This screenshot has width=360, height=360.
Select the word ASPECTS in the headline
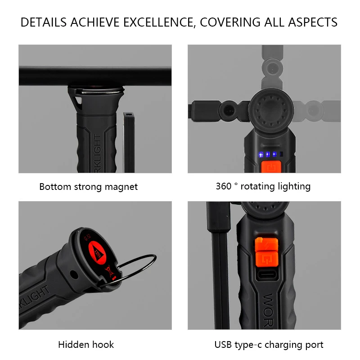pyautogui.click(x=310, y=22)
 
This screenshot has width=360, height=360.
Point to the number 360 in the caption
pyautogui.click(x=223, y=186)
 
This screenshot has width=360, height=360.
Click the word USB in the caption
pyautogui.click(x=224, y=345)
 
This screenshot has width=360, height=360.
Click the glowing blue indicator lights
pyautogui.click(x=267, y=154)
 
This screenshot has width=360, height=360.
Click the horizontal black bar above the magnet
pyautogui.click(x=95, y=76)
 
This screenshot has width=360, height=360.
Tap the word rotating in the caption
pyautogui.click(x=261, y=186)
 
